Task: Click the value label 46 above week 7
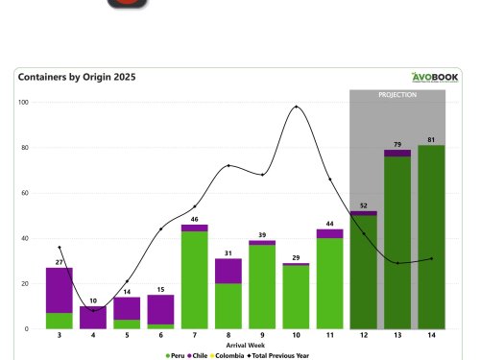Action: coord(194,219)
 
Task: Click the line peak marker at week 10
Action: coord(297,107)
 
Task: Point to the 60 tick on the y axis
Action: coord(25,193)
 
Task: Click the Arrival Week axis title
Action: coord(240,345)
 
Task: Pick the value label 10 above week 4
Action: coord(93,300)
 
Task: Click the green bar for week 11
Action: coord(330,283)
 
